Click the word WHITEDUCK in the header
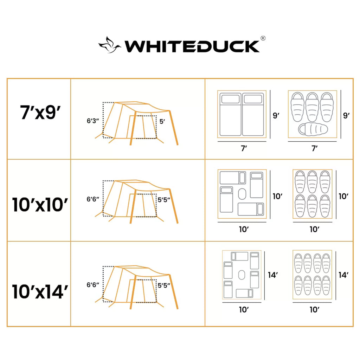[x=192, y=46]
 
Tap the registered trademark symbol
[x=262, y=38]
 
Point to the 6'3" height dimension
[x=93, y=121]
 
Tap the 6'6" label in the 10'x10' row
[x=93, y=199]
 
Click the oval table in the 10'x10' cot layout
[x=242, y=194]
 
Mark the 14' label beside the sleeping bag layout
[x=343, y=275]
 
